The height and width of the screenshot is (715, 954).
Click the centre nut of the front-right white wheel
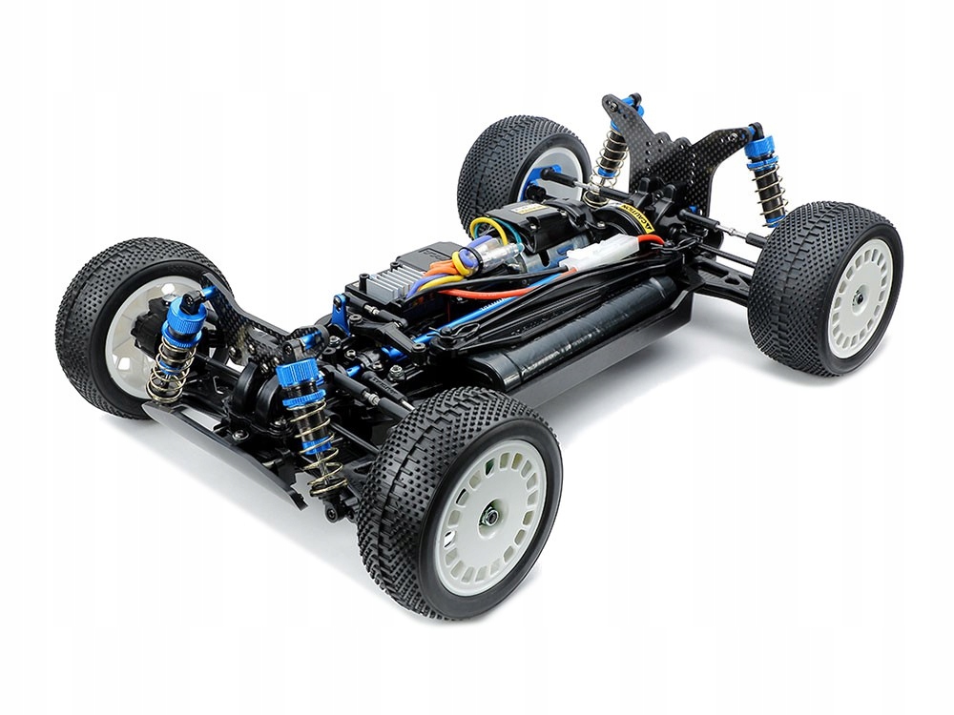coord(489,516)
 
